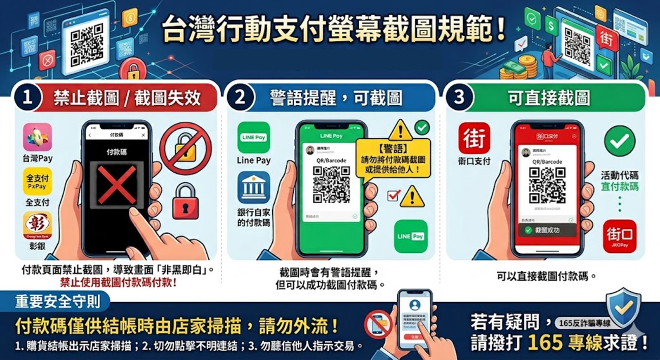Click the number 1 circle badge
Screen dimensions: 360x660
pos(27,97)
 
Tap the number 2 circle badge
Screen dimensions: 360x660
pos(240,97)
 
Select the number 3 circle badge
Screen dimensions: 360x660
pos(459,97)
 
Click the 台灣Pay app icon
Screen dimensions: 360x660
pos(38,137)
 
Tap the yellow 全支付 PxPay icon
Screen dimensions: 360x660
pos(38,181)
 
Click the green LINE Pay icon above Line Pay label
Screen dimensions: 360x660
pos(254,137)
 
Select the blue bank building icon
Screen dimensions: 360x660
pos(254,188)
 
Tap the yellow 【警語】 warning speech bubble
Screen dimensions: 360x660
pos(393,159)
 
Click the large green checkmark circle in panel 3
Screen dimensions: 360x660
pos(619,141)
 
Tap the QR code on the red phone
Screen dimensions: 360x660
pos(547,185)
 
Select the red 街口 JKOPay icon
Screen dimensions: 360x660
pos(619,236)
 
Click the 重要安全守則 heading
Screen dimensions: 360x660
pos(58,301)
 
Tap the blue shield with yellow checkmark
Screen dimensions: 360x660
pos(623,307)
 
